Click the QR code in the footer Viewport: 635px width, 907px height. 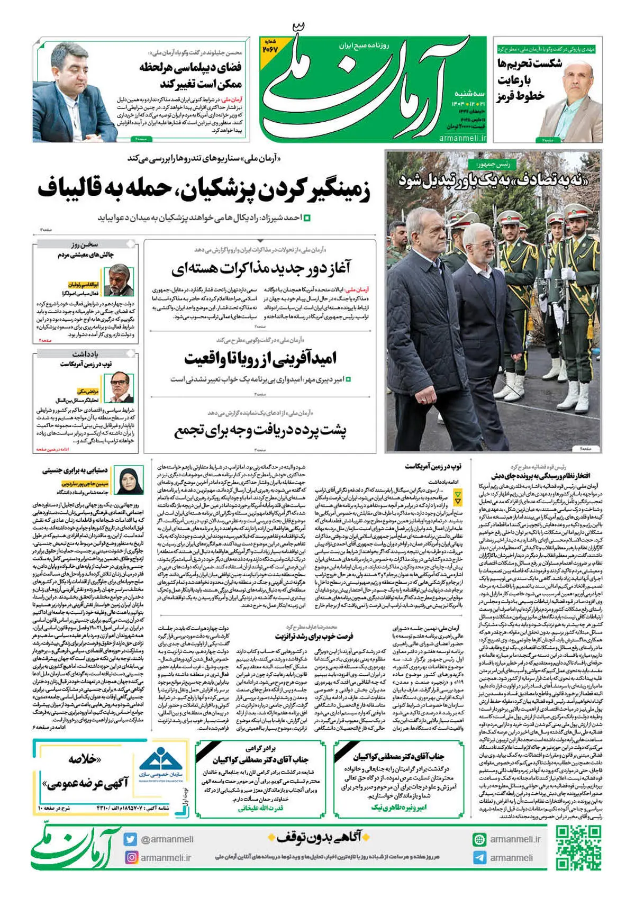tap(578, 849)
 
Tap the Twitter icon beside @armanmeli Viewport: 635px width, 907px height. tap(131, 839)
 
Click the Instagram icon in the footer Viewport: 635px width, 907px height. tap(131, 857)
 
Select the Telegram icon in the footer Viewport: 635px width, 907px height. tap(479, 858)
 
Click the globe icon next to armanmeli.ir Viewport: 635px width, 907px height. tap(479, 839)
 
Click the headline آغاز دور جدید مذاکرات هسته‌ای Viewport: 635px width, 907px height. tap(261, 268)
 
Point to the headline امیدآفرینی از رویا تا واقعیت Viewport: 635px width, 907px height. tap(260, 358)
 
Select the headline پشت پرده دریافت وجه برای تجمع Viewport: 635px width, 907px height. tap(260, 431)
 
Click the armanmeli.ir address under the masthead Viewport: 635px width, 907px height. tap(463, 138)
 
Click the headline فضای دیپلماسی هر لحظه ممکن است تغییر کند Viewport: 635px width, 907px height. tap(190, 75)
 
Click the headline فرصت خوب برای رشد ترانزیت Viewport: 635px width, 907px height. tap(314, 636)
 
